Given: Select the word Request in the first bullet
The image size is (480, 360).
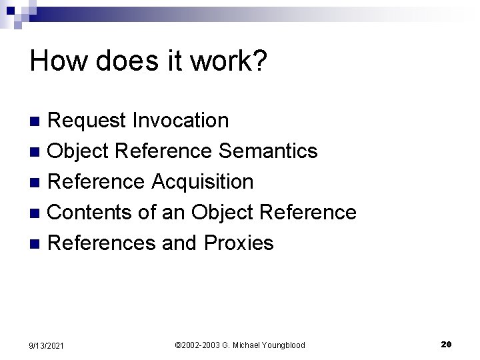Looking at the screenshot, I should pyautogui.click(x=87, y=121).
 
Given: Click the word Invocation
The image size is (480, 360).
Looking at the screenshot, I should pyautogui.click(x=181, y=121).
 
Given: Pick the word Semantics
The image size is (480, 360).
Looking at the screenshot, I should pyautogui.click(x=268, y=151).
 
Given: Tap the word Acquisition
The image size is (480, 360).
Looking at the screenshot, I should pyautogui.click(x=203, y=181).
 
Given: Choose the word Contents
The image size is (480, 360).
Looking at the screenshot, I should pyautogui.click(x=92, y=212).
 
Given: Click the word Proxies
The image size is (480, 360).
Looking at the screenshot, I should pyautogui.click(x=239, y=243).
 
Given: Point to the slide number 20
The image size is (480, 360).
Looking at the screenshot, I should pyautogui.click(x=446, y=344).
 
